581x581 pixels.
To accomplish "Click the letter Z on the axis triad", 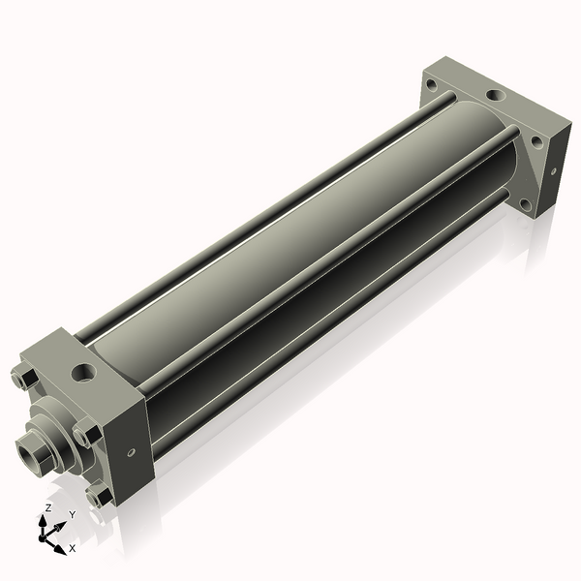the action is coord(48,507).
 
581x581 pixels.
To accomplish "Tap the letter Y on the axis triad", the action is coord(73,514).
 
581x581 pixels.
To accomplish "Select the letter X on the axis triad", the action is coord(73,548).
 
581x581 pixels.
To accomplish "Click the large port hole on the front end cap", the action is coord(83,372).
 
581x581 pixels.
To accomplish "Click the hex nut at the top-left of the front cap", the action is coord(24,379).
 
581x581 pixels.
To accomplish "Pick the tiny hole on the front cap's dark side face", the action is coord(131,452).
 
